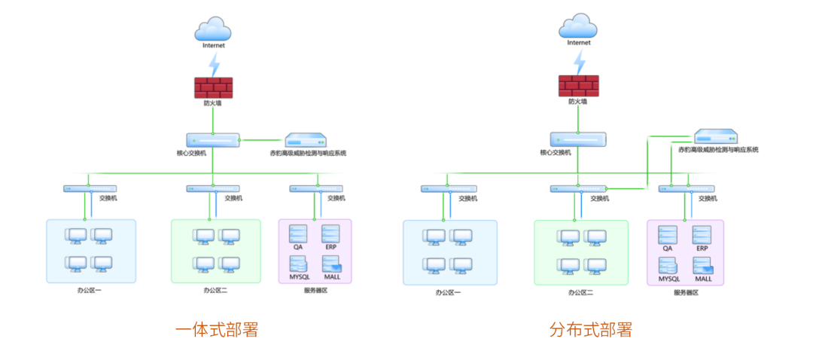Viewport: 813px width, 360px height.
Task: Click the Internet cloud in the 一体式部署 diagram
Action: coord(213,29)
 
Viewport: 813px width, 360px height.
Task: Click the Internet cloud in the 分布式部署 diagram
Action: coord(577,26)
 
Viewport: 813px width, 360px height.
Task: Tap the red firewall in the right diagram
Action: coord(578,85)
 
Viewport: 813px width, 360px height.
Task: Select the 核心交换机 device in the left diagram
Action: coord(213,140)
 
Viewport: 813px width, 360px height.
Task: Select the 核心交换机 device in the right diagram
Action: coord(577,139)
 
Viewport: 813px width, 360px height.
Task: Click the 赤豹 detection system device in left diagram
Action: coord(306,141)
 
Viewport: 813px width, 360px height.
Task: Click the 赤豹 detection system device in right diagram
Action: coord(716,136)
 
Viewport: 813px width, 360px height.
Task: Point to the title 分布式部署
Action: coord(590,329)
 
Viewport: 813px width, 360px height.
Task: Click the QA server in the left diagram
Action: coord(299,233)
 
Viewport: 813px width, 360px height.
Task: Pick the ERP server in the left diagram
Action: coord(330,233)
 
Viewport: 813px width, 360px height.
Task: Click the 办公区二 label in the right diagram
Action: coord(580,292)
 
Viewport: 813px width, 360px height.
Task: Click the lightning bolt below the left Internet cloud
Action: coord(214,63)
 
